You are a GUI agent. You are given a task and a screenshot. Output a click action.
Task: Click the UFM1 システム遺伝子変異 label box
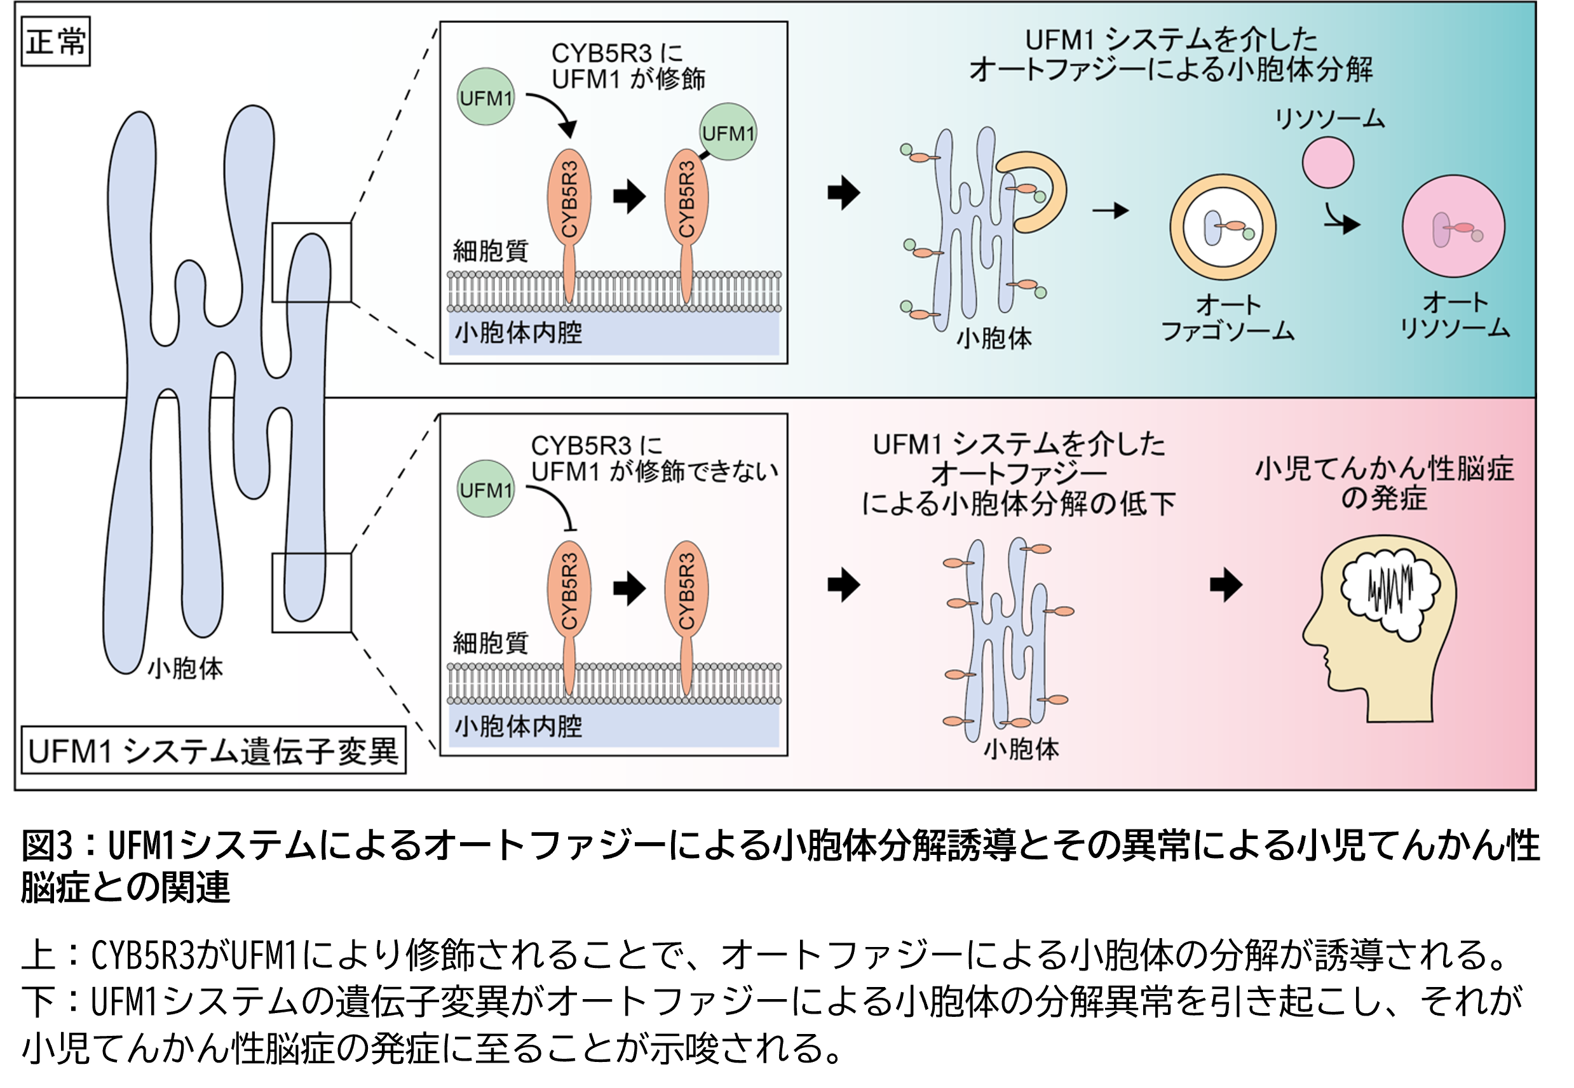[213, 751]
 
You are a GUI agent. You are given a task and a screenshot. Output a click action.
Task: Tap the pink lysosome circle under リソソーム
[1327, 162]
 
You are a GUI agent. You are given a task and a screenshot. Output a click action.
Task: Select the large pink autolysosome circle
[1453, 226]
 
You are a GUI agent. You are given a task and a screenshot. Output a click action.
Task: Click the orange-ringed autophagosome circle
[1222, 227]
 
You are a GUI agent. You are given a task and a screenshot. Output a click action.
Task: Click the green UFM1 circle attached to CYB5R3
[728, 132]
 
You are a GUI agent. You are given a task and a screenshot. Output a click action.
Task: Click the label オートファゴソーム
[1228, 318]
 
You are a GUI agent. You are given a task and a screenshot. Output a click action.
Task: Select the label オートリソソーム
[1454, 316]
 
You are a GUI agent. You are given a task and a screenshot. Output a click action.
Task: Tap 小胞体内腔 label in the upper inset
[519, 333]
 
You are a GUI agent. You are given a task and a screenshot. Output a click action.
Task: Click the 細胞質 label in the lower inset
[490, 643]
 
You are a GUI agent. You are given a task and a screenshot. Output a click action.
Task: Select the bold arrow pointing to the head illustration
[1226, 584]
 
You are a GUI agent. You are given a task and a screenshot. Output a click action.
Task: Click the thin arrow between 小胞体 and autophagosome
[1110, 211]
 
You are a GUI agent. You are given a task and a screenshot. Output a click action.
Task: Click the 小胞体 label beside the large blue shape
[186, 669]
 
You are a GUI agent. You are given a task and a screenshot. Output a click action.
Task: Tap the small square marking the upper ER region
[311, 262]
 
